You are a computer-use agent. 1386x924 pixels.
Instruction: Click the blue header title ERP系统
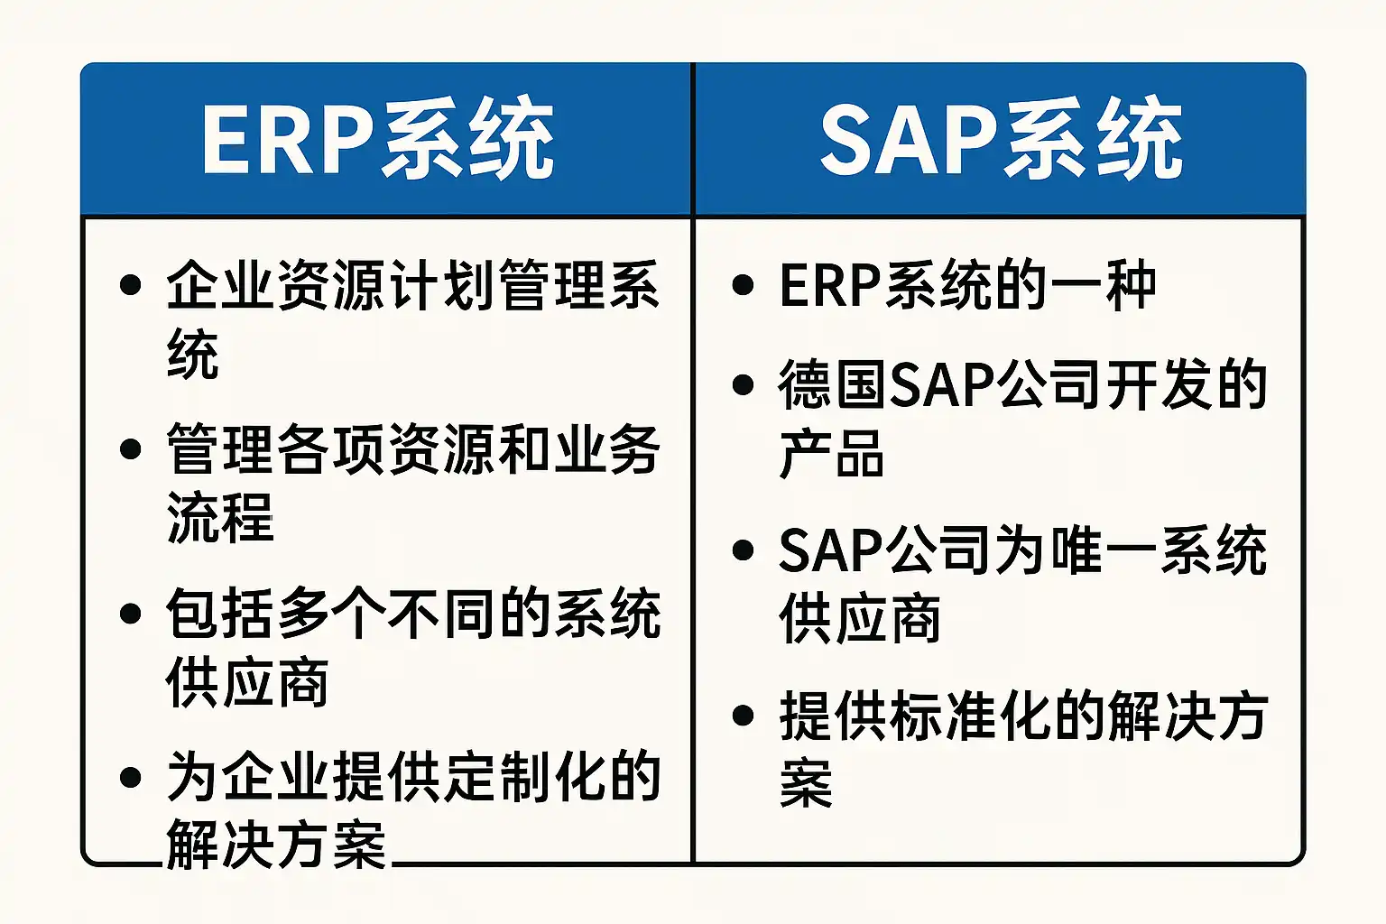(x=377, y=138)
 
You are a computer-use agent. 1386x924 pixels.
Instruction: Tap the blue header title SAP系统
(x=1001, y=138)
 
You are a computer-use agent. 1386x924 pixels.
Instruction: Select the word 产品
(x=831, y=453)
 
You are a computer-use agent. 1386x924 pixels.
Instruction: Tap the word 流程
(x=220, y=517)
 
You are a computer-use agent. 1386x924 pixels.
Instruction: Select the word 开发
(x=1158, y=385)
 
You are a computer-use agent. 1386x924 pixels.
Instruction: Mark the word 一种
(x=1101, y=285)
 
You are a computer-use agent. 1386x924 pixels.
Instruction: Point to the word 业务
(x=606, y=450)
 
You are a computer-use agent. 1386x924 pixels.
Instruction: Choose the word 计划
(x=442, y=285)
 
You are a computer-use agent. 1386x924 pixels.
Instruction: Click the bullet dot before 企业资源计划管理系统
(x=131, y=285)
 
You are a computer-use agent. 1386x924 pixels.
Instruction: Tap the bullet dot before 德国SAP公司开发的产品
(x=743, y=385)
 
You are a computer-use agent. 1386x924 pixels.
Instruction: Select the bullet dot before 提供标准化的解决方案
(x=743, y=716)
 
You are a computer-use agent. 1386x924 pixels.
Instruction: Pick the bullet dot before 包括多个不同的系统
(x=131, y=614)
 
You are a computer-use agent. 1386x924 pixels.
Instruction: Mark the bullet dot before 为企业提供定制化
(x=131, y=777)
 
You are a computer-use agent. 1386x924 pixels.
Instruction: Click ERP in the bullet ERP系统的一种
(x=830, y=285)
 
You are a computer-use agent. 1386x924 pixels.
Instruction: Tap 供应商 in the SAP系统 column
(x=859, y=618)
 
